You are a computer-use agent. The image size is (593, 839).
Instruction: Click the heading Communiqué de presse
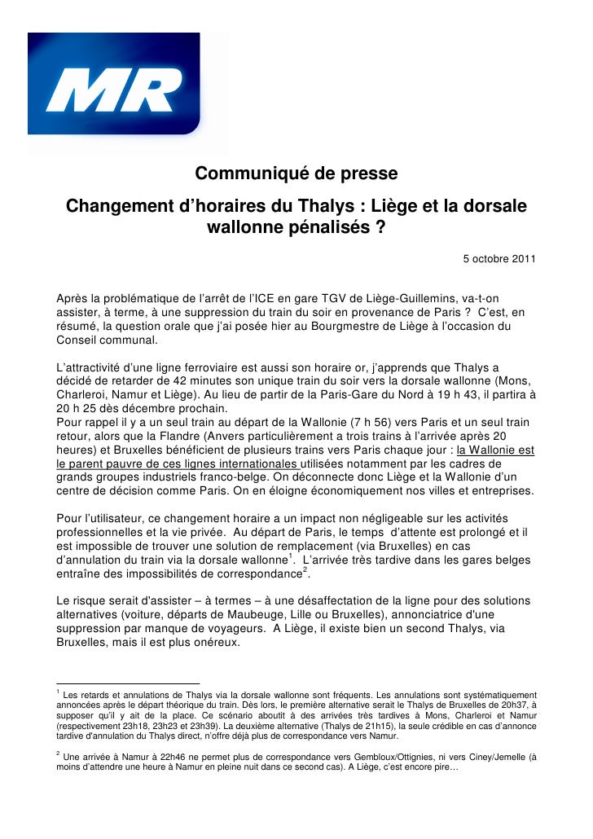(x=296, y=174)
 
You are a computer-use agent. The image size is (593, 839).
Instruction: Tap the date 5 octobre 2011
(x=499, y=259)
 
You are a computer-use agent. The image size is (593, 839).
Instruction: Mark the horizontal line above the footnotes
(x=127, y=683)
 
